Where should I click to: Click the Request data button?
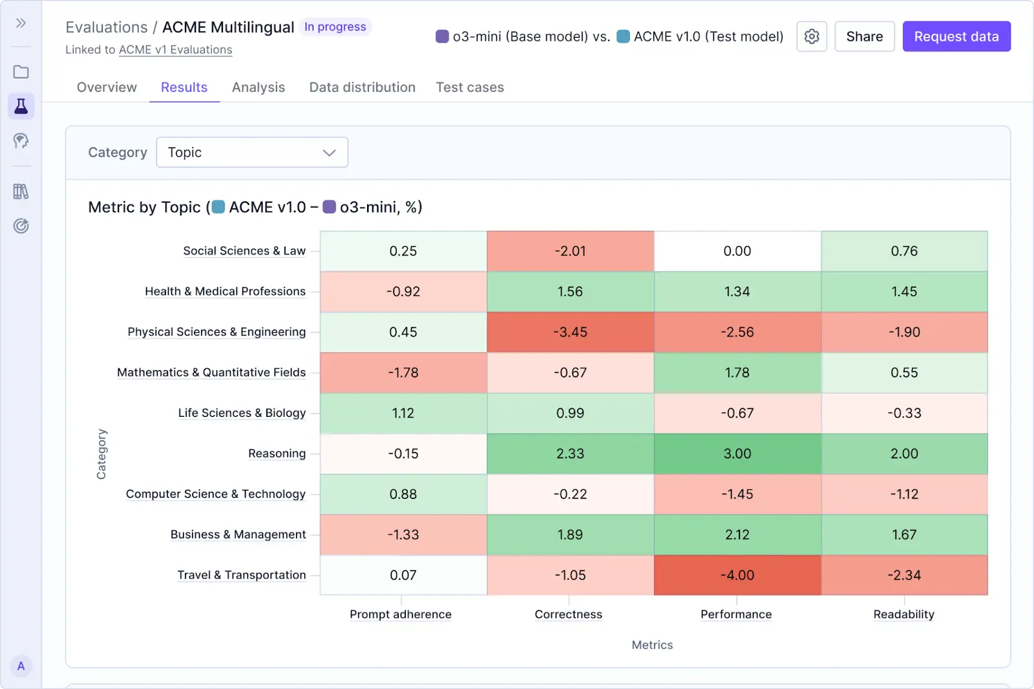[x=956, y=37]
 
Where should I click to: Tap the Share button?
[x=864, y=37]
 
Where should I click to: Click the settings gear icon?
[x=812, y=37]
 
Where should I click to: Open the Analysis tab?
[x=258, y=87]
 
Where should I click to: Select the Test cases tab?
[x=469, y=87]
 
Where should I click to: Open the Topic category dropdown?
[x=252, y=153]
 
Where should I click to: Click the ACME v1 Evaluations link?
[x=175, y=50]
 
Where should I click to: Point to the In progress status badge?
[x=335, y=27]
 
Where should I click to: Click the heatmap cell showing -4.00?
[x=737, y=575]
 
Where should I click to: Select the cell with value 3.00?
[x=737, y=454]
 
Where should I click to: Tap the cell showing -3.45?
[x=570, y=332]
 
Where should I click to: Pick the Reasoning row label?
[x=277, y=454]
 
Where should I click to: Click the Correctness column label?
[x=568, y=614]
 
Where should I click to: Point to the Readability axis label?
[x=903, y=614]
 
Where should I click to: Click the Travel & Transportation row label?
[x=241, y=575]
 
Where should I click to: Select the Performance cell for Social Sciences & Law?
[x=737, y=251]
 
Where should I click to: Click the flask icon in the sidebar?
[x=21, y=106]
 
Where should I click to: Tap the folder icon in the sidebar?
[x=21, y=72]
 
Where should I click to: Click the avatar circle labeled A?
[x=21, y=666]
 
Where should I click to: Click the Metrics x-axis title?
[x=652, y=645]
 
